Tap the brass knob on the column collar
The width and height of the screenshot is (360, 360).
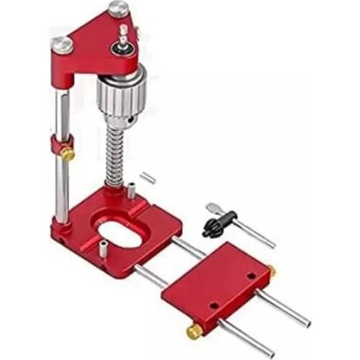coord(67,153)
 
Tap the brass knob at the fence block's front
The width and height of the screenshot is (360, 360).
coord(195,332)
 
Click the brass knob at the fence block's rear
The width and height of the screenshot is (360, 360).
coord(271,271)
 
